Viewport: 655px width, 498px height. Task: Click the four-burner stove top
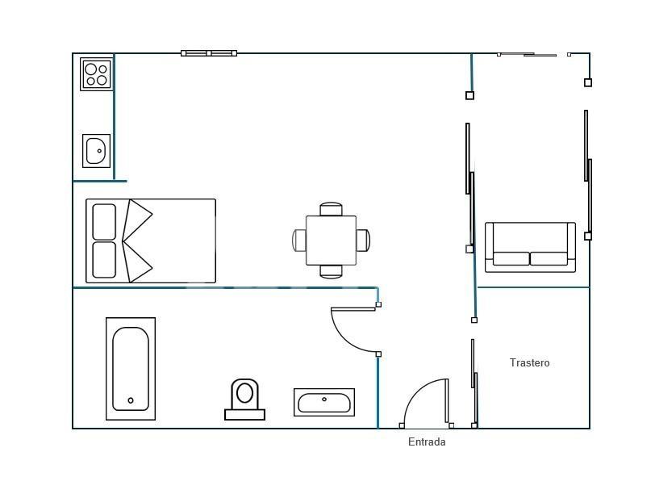tap(97, 74)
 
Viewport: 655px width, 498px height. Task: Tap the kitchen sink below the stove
tap(97, 150)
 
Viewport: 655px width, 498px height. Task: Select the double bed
tap(151, 241)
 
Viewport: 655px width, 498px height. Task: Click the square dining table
tap(331, 241)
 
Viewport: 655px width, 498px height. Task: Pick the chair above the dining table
tap(331, 209)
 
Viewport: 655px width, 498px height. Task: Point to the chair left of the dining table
tap(299, 241)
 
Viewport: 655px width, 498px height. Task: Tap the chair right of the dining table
tap(363, 241)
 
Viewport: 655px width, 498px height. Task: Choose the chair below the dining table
tap(331, 272)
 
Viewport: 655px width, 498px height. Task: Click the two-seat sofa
tap(530, 247)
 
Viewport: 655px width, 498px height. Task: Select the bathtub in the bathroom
tap(131, 369)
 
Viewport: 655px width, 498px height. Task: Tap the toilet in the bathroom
tap(244, 400)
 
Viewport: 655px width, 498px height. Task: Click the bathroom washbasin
tap(324, 402)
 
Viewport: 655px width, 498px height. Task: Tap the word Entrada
tap(427, 442)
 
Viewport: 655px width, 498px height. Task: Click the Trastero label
tap(529, 362)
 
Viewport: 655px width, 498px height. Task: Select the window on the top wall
tap(209, 53)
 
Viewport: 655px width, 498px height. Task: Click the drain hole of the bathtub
tap(131, 400)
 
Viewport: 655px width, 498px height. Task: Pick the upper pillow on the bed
tap(104, 222)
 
